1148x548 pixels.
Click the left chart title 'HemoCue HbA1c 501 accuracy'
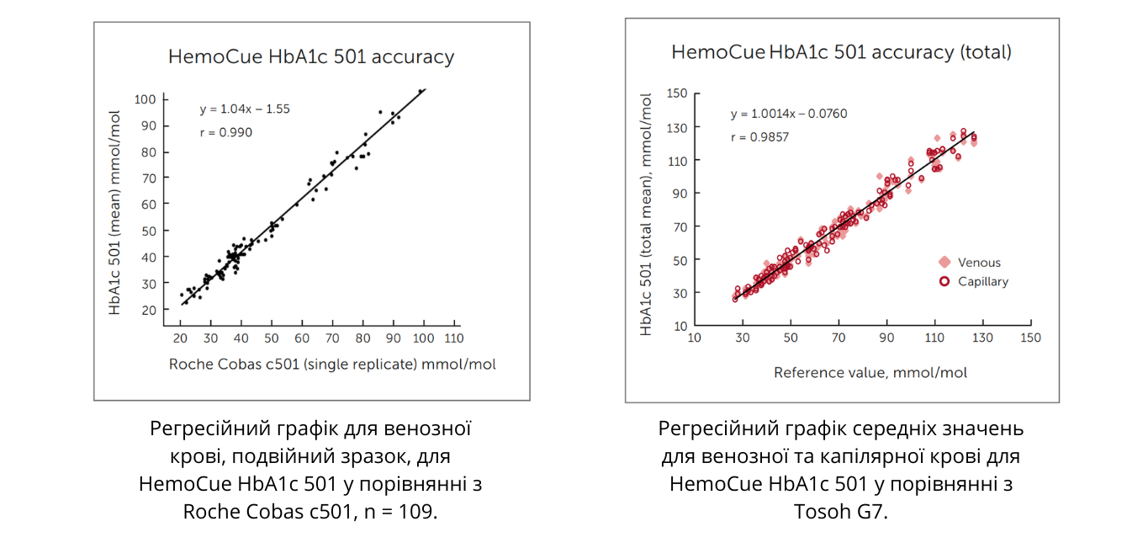(311, 57)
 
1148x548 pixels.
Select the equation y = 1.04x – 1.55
(245, 109)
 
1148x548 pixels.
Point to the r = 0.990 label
(226, 132)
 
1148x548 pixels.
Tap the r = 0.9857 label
(759, 137)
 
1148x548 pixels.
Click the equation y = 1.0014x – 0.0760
(789, 114)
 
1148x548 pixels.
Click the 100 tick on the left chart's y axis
(145, 99)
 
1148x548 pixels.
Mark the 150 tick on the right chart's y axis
(677, 93)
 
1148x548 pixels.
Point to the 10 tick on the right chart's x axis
(695, 338)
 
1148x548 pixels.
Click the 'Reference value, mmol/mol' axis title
(870, 372)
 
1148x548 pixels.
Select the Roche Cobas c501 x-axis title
(332, 364)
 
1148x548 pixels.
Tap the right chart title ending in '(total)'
(841, 52)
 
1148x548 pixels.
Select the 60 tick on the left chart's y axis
(148, 205)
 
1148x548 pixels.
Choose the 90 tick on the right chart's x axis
(886, 338)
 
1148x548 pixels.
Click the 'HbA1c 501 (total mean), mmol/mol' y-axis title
(647, 215)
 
